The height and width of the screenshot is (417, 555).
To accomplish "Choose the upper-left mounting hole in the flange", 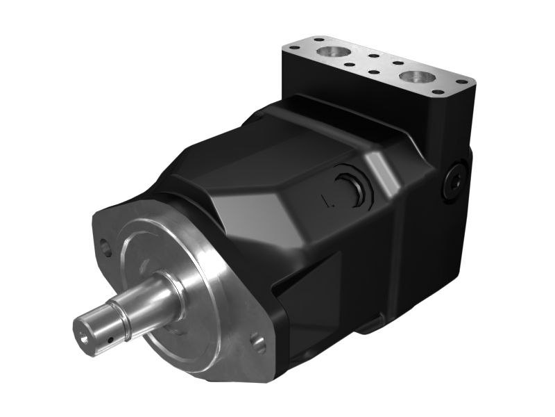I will [x=106, y=245].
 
